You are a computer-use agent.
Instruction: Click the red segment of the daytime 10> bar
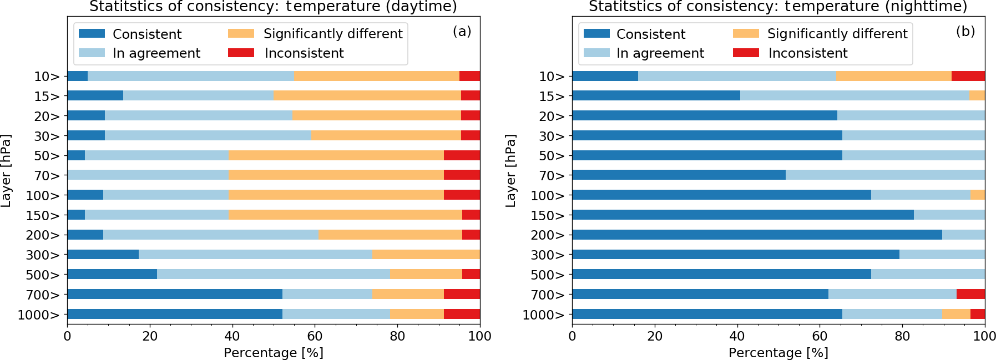(469, 76)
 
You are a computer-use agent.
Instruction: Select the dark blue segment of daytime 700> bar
(174, 294)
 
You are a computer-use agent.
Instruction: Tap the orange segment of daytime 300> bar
(426, 255)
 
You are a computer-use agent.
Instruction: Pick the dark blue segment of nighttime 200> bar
(757, 235)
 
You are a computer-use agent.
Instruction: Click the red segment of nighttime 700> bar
(970, 294)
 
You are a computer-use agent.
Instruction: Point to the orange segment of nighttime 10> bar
(894, 76)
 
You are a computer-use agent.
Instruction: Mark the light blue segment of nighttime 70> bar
(885, 175)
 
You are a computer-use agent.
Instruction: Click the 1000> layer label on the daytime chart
(38, 315)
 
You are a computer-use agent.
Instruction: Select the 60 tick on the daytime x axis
(315, 336)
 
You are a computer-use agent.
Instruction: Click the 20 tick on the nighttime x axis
(655, 336)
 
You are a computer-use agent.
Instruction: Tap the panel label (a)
(462, 31)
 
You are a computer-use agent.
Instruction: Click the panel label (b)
(965, 31)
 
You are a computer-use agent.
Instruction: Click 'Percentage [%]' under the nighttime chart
(778, 353)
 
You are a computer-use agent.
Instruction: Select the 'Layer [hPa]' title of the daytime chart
(6, 171)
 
